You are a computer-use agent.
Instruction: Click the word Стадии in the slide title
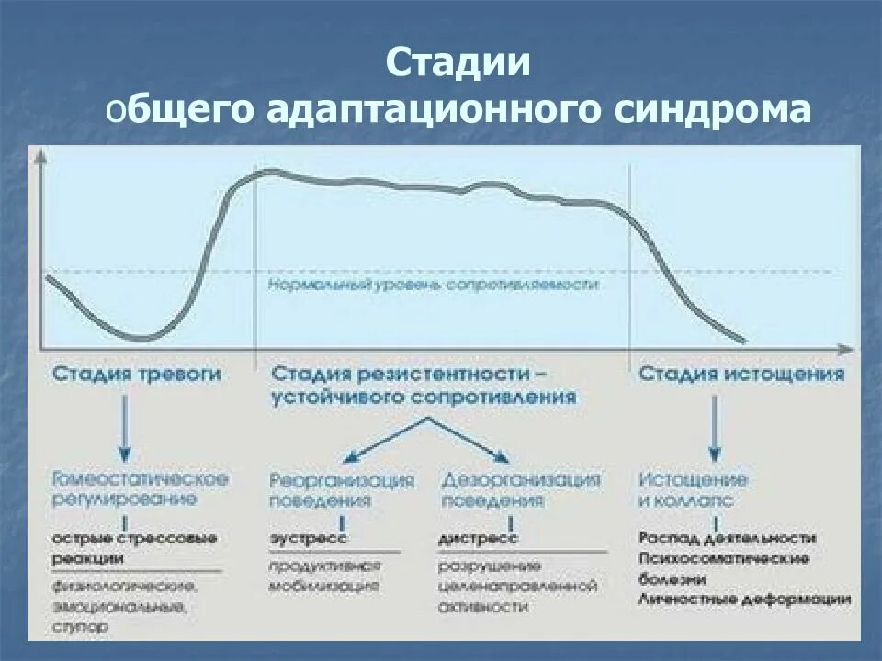tap(458, 63)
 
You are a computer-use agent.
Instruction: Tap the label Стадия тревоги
tap(137, 375)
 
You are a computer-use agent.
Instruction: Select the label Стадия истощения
tap(741, 375)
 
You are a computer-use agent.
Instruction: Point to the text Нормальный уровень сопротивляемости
tap(434, 286)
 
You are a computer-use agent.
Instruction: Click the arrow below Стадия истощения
tap(715, 428)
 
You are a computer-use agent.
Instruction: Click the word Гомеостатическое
tap(140, 479)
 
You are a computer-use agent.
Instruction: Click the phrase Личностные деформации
tap(744, 599)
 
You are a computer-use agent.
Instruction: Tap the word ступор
tap(80, 626)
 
